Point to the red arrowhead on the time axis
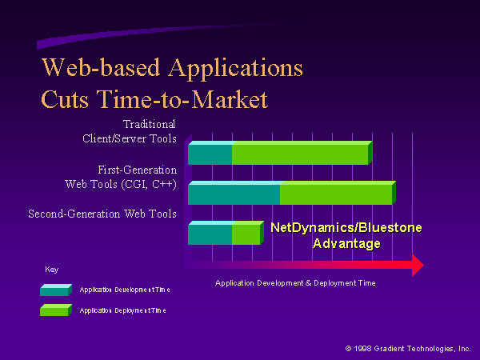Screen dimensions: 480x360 pyautogui.click(x=418, y=265)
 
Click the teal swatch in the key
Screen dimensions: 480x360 pyautogui.click(x=56, y=290)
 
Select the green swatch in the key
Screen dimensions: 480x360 pyautogui.click(x=56, y=310)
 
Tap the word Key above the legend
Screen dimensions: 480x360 pyautogui.click(x=51, y=270)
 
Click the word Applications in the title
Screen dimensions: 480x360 pyautogui.click(x=236, y=69)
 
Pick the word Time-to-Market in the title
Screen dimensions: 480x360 pyautogui.click(x=182, y=99)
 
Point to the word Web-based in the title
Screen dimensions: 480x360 pyautogui.click(x=101, y=67)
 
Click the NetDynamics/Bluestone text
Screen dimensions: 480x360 pyautogui.click(x=346, y=228)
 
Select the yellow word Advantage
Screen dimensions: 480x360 pyautogui.click(x=346, y=244)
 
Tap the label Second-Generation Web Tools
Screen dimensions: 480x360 pyautogui.click(x=102, y=214)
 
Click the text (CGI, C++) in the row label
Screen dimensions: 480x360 pyautogui.click(x=149, y=184)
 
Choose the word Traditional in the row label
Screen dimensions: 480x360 pyautogui.click(x=149, y=124)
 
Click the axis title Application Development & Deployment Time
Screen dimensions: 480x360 pyautogui.click(x=295, y=283)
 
